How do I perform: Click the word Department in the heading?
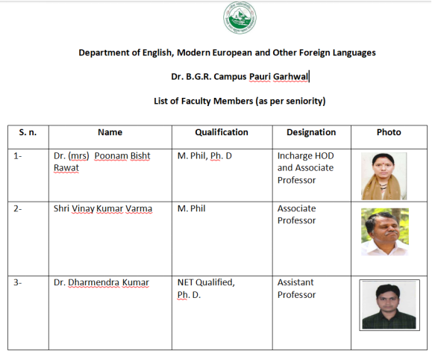tap(105, 53)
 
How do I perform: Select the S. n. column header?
tap(28, 132)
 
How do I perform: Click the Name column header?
tap(110, 132)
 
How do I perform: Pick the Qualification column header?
tap(222, 132)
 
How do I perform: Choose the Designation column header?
tap(311, 132)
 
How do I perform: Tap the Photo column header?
tap(389, 132)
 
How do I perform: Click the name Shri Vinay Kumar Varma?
tap(102, 208)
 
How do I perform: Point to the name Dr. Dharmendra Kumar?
tap(101, 282)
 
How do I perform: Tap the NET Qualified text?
tap(206, 282)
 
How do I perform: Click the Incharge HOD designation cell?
tap(305, 167)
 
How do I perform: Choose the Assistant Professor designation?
tap(296, 288)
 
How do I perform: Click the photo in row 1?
tap(384, 176)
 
